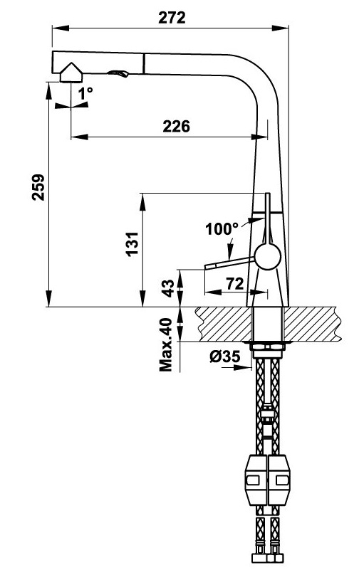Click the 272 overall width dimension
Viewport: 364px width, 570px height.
(x=172, y=18)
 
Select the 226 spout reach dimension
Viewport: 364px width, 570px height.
(x=176, y=126)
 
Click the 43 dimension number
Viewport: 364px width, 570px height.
(x=169, y=288)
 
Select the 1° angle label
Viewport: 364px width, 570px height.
(x=86, y=93)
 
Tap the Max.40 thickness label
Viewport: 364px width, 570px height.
(x=167, y=345)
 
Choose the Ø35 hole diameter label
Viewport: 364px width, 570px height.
(x=224, y=358)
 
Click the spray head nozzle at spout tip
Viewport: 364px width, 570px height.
(x=72, y=73)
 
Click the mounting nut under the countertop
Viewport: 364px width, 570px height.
(x=268, y=348)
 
